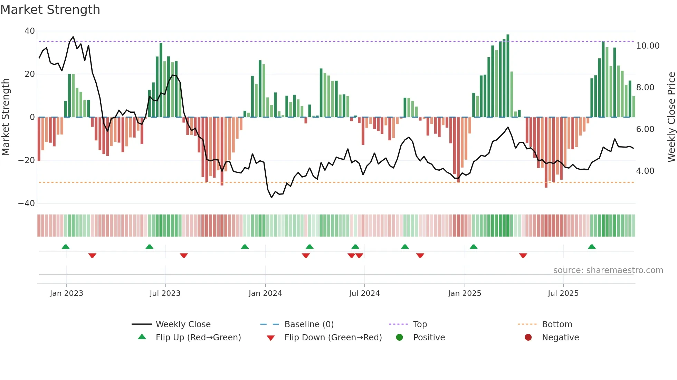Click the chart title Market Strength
coord(50,10)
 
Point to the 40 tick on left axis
coord(30,31)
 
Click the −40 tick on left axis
coord(27,203)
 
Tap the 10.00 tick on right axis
coord(648,46)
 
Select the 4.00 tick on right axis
coord(645,171)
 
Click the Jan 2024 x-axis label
coord(265,293)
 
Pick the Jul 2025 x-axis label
coord(563,293)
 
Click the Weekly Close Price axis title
coord(671,117)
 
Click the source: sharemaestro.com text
coord(608,270)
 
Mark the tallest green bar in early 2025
coord(508,76)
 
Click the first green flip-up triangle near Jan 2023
coord(66,247)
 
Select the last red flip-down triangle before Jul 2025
coord(523,256)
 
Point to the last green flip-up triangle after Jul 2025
coord(592,247)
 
